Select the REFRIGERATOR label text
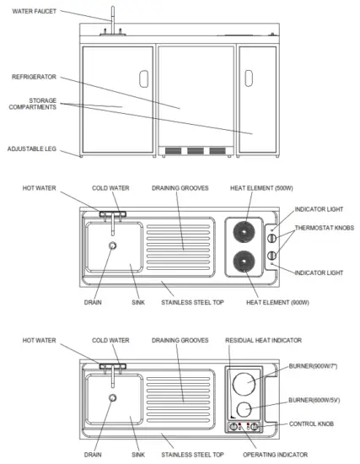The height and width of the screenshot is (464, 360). click(x=33, y=76)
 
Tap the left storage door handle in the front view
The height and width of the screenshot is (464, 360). click(x=144, y=78)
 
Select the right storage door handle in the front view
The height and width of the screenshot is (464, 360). click(x=250, y=78)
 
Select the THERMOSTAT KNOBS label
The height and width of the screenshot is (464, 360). click(x=323, y=229)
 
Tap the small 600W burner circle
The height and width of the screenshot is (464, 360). click(x=245, y=409)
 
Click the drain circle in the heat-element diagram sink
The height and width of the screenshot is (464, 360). click(x=112, y=245)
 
